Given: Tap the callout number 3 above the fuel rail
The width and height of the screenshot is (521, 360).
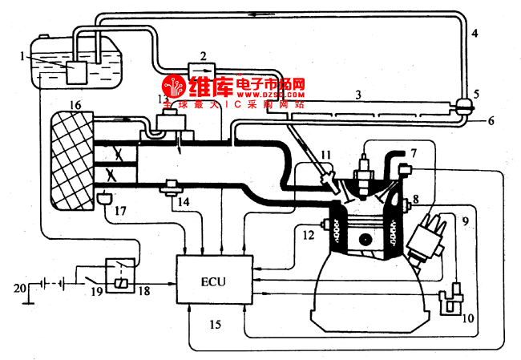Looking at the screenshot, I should (359, 95).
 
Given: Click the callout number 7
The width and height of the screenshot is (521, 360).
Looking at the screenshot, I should (414, 152).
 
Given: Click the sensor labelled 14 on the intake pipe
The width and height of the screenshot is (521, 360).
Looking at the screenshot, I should (170, 188).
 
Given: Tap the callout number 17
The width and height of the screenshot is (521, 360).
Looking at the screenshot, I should (120, 212).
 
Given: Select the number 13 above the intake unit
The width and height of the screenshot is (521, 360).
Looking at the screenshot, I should (164, 98).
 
